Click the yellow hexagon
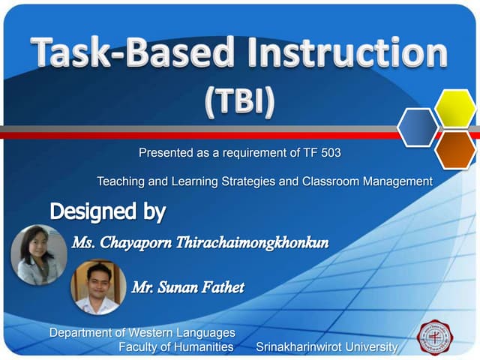click(x=455, y=109)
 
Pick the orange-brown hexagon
click(x=455, y=149)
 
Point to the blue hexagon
click(x=418, y=127)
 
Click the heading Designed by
click(x=107, y=211)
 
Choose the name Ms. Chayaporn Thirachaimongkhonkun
click(x=200, y=243)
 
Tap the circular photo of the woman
click(x=38, y=254)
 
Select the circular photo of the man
click(x=97, y=287)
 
